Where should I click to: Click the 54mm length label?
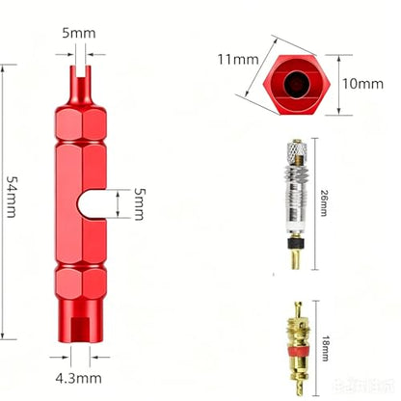click(x=12, y=197)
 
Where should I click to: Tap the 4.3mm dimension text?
click(x=79, y=379)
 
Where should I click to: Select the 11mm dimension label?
click(x=238, y=60)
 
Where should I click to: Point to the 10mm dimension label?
click(x=362, y=84)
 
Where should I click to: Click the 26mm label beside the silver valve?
click(x=324, y=203)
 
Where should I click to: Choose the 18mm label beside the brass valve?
click(x=325, y=349)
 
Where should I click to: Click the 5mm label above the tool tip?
click(x=79, y=33)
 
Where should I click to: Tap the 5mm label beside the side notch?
click(x=139, y=204)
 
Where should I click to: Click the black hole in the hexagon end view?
click(x=297, y=84)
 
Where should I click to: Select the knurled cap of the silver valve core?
click(x=297, y=151)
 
